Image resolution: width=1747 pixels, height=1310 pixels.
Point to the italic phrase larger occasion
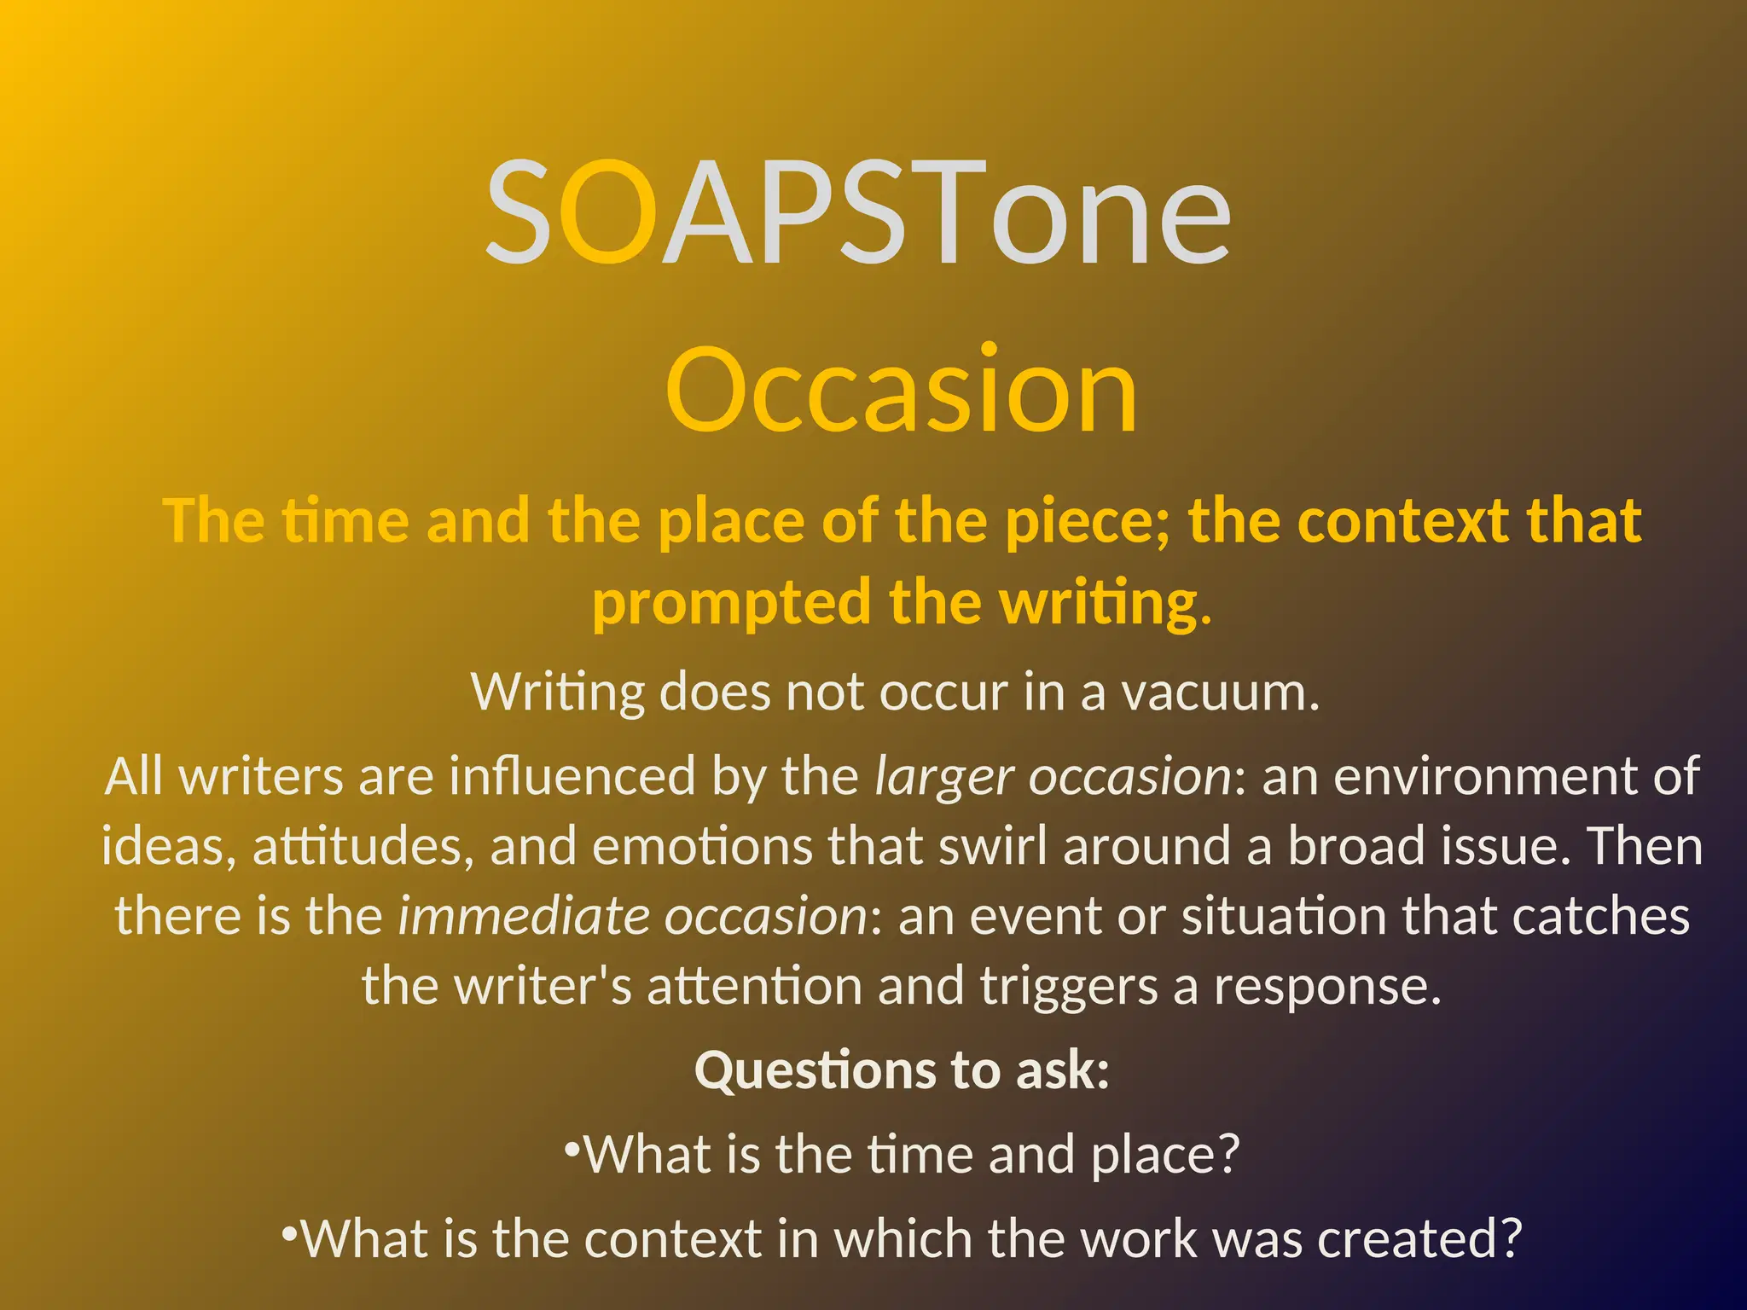1053,777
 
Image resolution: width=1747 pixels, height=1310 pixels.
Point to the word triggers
1069,988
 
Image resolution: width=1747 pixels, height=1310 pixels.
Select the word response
1327,988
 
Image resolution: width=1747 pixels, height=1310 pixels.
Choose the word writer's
543,986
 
